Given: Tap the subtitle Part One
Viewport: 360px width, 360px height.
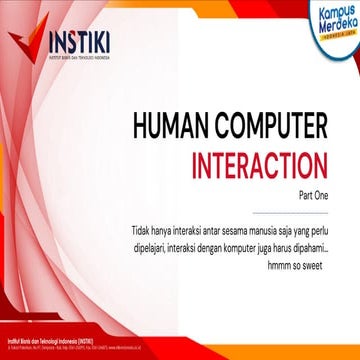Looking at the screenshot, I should click(x=313, y=187).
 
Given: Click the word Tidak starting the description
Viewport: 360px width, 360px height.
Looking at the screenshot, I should click(x=141, y=211).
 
